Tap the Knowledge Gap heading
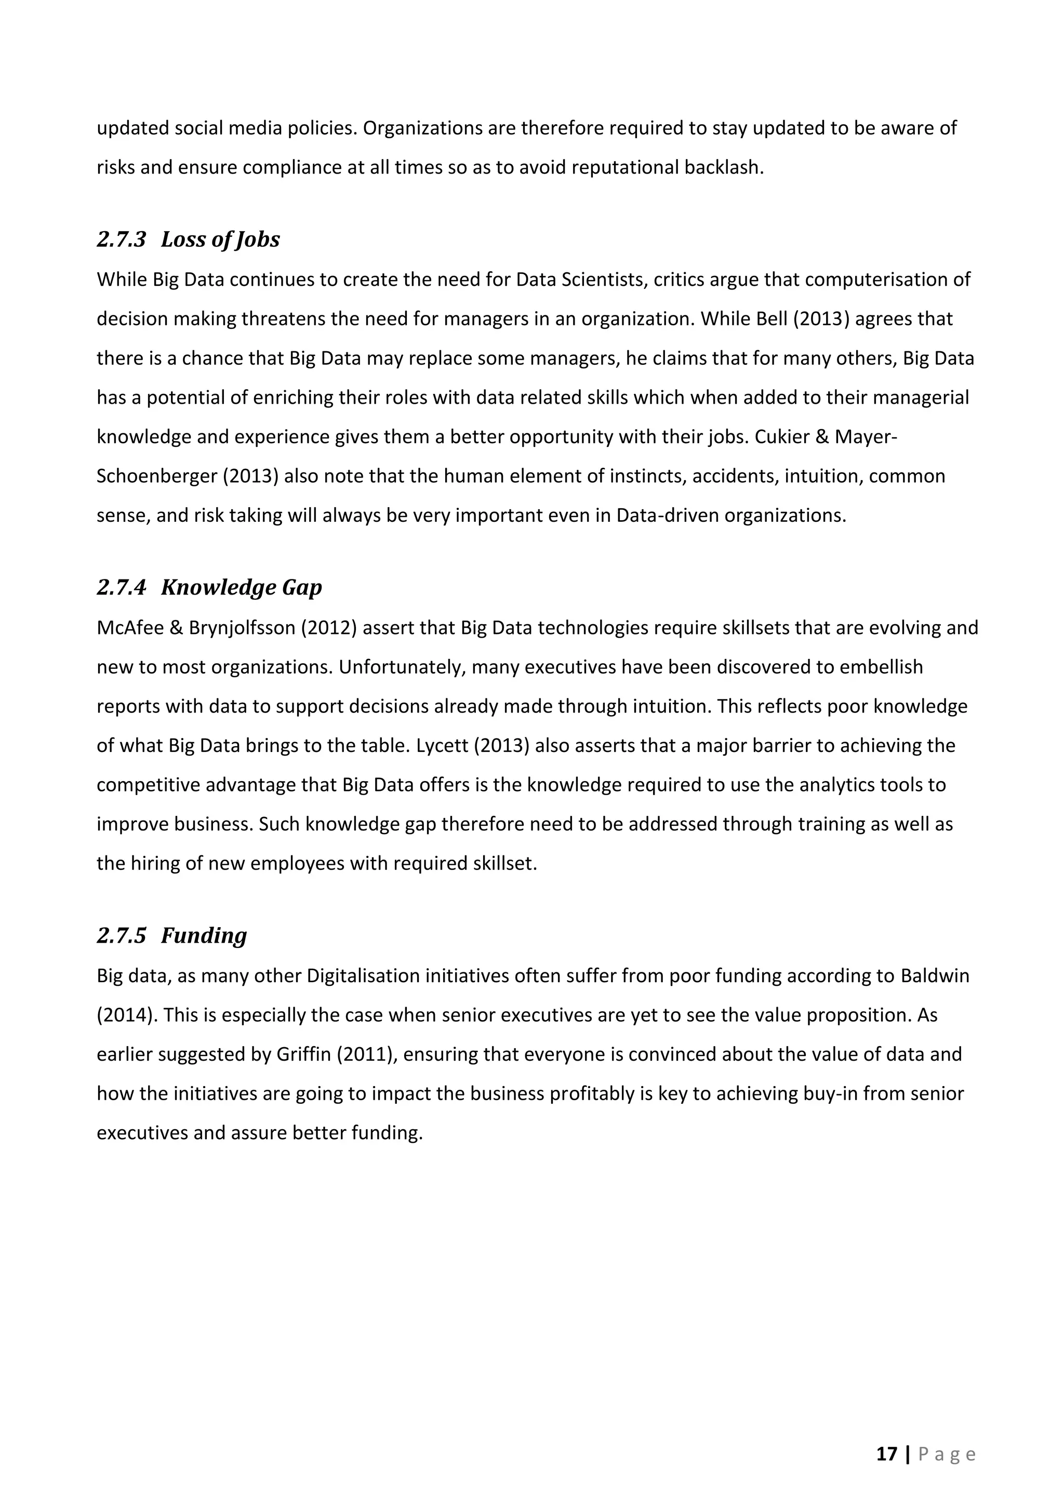coord(241,587)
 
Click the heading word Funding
coord(204,935)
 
